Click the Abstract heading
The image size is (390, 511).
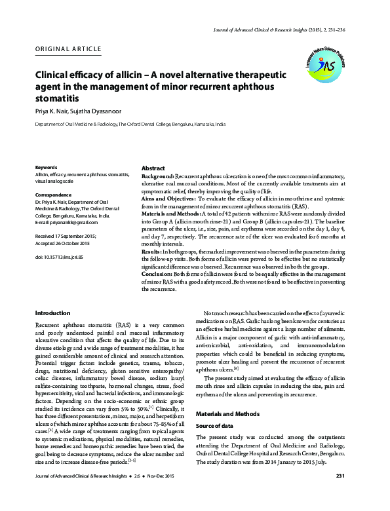coord(153,168)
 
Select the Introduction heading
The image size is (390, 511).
coord(52,313)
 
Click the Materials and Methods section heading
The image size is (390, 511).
coord(229,413)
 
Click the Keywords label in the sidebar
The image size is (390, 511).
coord(47,168)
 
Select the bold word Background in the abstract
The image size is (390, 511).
coord(157,178)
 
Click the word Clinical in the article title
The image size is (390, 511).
coord(57,76)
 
